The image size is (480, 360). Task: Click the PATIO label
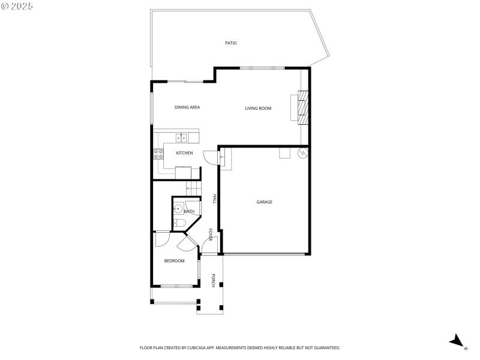click(x=231, y=43)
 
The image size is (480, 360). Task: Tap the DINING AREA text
click(x=187, y=107)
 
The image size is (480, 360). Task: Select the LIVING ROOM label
click(x=258, y=109)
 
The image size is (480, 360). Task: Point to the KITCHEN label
click(x=184, y=154)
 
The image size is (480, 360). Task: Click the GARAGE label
click(x=265, y=202)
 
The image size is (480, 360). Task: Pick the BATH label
click(x=189, y=211)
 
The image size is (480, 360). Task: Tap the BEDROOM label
click(x=175, y=261)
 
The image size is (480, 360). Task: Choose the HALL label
click(x=214, y=199)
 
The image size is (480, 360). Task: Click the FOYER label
click(x=211, y=235)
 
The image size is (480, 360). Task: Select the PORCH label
click(x=213, y=280)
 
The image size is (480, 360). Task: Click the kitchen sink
click(x=182, y=137)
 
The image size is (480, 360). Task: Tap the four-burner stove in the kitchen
click(x=158, y=154)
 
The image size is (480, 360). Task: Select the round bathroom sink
click(x=178, y=209)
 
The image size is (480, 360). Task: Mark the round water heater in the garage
click(x=302, y=153)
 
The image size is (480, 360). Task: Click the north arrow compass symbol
click(x=457, y=341)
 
